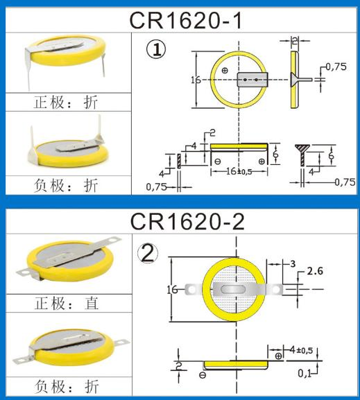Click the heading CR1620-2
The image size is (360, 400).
click(185, 223)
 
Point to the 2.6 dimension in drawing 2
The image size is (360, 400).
click(316, 270)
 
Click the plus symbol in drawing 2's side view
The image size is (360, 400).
click(278, 356)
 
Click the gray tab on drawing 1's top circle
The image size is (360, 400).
click(252, 80)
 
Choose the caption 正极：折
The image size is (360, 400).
click(67, 103)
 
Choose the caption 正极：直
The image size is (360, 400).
click(67, 303)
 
